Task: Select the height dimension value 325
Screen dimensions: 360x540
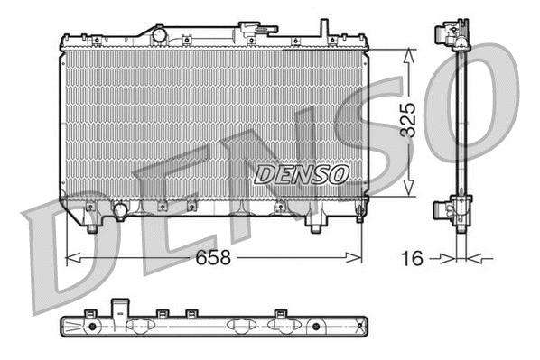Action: point(408,121)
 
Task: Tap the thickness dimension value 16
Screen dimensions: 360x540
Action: point(412,258)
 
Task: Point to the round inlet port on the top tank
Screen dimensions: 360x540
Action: point(159,34)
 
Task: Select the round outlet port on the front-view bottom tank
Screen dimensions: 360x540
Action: point(119,211)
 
